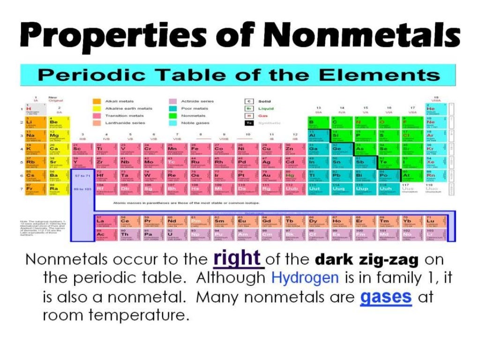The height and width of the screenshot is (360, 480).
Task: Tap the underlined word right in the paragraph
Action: point(237,258)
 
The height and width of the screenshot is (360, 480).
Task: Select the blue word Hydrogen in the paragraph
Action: point(305,277)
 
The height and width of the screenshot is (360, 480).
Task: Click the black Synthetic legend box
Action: point(250,123)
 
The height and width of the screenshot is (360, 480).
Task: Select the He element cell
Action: point(432,109)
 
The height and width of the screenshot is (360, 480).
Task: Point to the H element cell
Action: point(32,109)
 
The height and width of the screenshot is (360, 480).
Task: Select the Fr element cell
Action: point(32,190)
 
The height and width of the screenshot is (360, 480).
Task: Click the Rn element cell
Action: point(432,176)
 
